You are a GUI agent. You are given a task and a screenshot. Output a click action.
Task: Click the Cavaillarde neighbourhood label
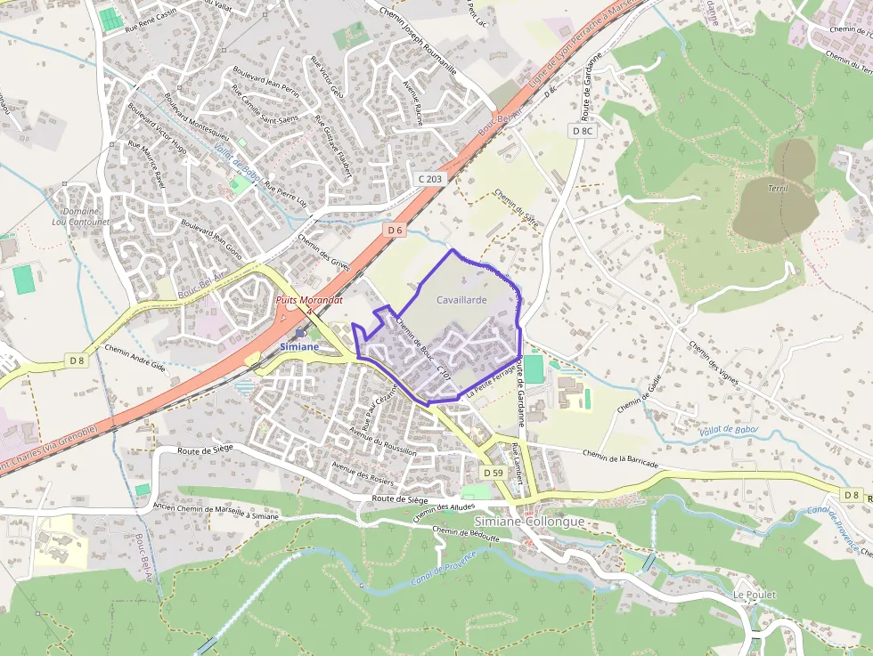(x=461, y=300)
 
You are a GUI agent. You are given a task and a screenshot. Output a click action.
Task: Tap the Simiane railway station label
(x=298, y=346)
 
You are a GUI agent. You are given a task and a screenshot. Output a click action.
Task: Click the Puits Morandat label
(x=309, y=301)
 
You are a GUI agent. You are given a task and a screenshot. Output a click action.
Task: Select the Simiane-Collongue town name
(x=530, y=522)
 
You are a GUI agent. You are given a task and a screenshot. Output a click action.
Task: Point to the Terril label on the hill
(x=777, y=189)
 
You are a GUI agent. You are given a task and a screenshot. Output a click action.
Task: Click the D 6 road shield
(x=396, y=230)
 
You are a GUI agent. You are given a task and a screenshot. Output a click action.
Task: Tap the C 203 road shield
(x=429, y=179)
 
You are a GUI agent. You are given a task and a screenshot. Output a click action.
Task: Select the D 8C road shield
(x=582, y=131)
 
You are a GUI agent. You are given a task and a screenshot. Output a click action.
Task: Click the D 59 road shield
(x=494, y=472)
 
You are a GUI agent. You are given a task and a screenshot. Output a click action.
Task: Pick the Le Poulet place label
(x=755, y=595)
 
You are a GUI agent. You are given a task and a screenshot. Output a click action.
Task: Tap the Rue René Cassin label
(x=151, y=15)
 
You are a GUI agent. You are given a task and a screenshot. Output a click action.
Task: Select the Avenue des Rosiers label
(x=362, y=471)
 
